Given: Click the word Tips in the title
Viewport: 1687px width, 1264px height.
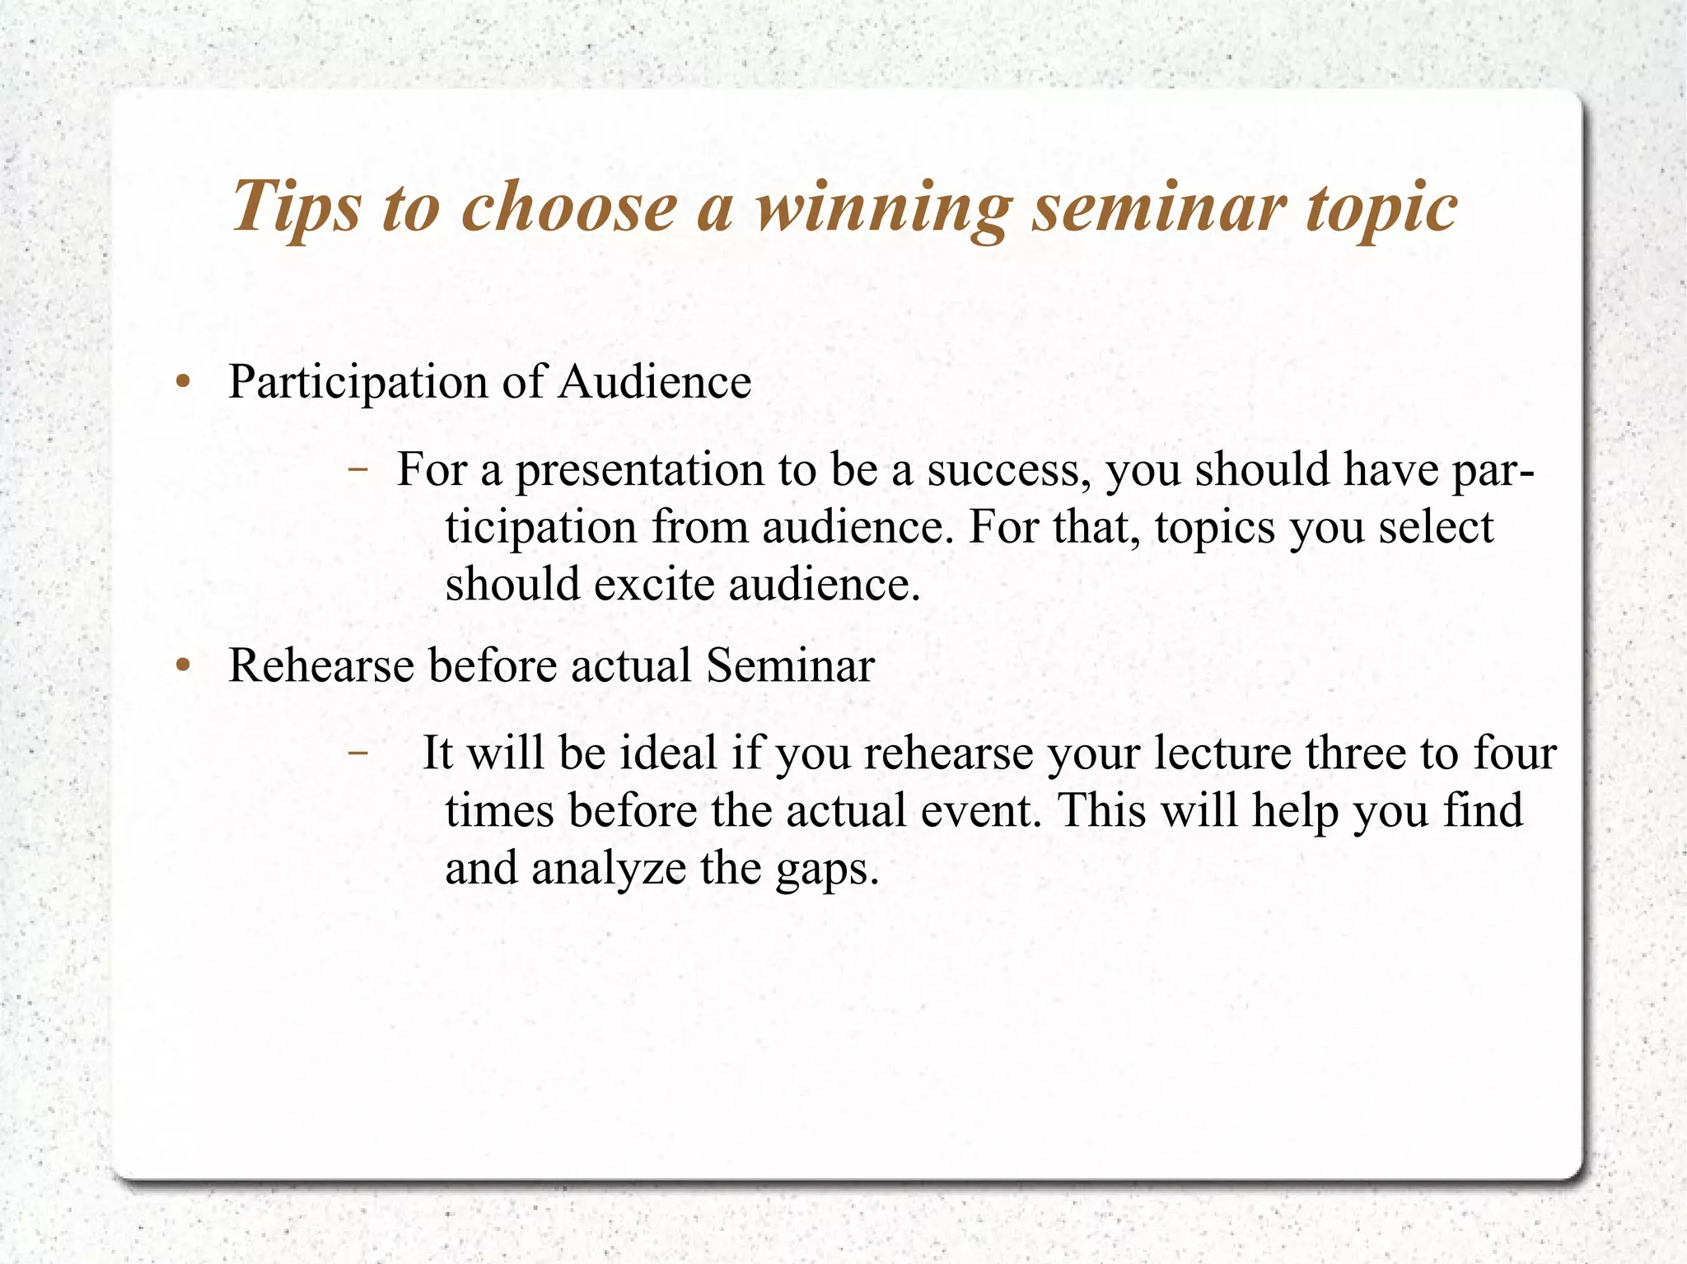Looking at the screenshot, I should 296,206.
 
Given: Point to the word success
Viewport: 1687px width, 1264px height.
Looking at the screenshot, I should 1010,471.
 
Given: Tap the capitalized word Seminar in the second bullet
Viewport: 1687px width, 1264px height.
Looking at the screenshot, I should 790,665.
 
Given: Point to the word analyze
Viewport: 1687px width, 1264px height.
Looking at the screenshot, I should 608,870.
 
